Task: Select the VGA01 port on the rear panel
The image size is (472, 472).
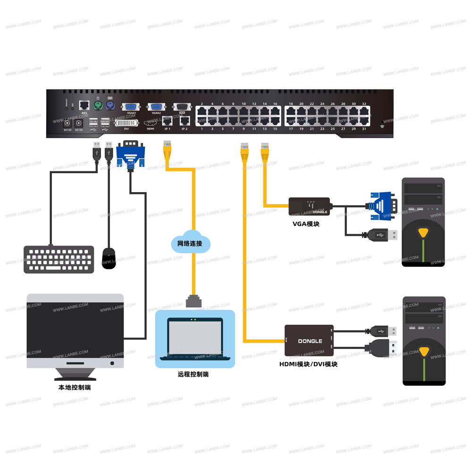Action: [x=131, y=107]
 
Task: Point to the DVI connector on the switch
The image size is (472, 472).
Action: [x=126, y=123]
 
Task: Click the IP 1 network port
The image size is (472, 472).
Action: [x=167, y=121]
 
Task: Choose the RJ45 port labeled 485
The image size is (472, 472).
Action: [x=84, y=105]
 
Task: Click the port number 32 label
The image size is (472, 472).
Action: [x=364, y=103]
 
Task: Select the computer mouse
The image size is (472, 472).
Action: [x=109, y=258]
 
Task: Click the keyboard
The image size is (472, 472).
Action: [x=59, y=259]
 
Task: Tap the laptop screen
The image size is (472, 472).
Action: [x=195, y=336]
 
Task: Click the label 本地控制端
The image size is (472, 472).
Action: [x=75, y=388]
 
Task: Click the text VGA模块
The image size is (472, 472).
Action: [x=306, y=224]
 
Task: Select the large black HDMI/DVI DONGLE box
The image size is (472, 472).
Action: [x=309, y=340]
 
